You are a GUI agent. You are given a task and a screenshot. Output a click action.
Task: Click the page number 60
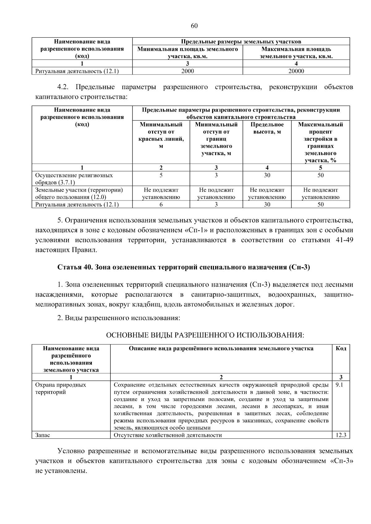pyautogui.click(x=194, y=26)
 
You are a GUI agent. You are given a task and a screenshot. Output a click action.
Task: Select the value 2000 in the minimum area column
pyautogui.click(x=187, y=71)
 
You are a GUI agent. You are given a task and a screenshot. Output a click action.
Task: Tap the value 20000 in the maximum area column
pyautogui.click(x=296, y=71)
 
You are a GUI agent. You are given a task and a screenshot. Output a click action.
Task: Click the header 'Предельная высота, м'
pyautogui.click(x=267, y=128)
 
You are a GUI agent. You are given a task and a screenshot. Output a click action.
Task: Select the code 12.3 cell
pyautogui.click(x=341, y=435)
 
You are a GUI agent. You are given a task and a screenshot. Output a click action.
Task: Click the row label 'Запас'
pyautogui.click(x=43, y=435)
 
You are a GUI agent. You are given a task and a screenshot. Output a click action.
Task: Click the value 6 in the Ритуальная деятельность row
pyautogui.click(x=161, y=204)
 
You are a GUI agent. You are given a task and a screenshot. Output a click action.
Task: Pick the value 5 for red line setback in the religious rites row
pyautogui.click(x=161, y=175)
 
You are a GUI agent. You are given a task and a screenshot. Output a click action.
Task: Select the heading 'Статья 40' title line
pyautogui.click(x=184, y=267)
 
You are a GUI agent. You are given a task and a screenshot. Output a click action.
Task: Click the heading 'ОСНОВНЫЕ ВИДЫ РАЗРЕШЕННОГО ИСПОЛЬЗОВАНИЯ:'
pyautogui.click(x=205, y=335)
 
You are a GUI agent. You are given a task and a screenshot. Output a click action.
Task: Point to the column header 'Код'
pyautogui.click(x=341, y=349)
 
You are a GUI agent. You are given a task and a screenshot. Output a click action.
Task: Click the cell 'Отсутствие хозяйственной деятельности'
pyautogui.click(x=168, y=435)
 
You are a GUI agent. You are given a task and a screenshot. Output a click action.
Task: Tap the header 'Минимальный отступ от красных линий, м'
pyautogui.click(x=161, y=135)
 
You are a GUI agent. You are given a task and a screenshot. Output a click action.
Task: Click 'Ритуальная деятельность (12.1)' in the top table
pyautogui.click(x=77, y=71)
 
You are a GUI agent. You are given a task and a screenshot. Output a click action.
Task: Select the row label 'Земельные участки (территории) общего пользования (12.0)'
pyautogui.click(x=79, y=193)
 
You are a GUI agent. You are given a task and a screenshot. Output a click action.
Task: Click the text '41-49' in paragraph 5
pyautogui.click(x=344, y=240)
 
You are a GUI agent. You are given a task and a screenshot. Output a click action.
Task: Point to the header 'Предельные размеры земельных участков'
pyautogui.click(x=241, y=41)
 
